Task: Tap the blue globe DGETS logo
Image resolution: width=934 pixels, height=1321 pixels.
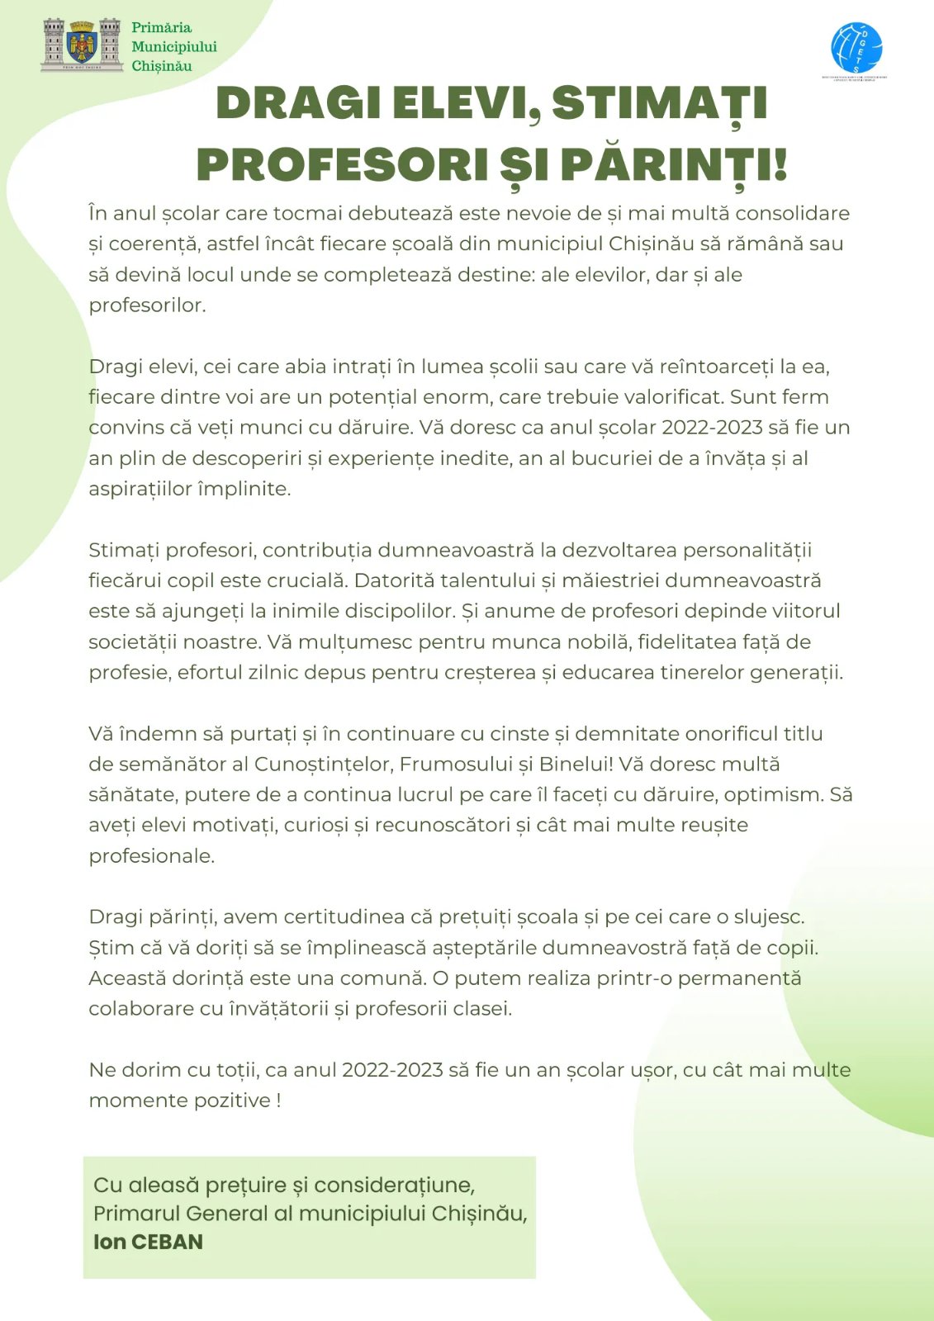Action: pyautogui.click(x=856, y=47)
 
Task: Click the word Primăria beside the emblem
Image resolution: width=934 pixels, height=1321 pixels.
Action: pyautogui.click(x=161, y=28)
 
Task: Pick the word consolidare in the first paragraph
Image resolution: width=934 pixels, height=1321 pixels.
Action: pyautogui.click(x=792, y=213)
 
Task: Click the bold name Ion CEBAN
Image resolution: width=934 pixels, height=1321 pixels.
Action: pyautogui.click(x=148, y=1242)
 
